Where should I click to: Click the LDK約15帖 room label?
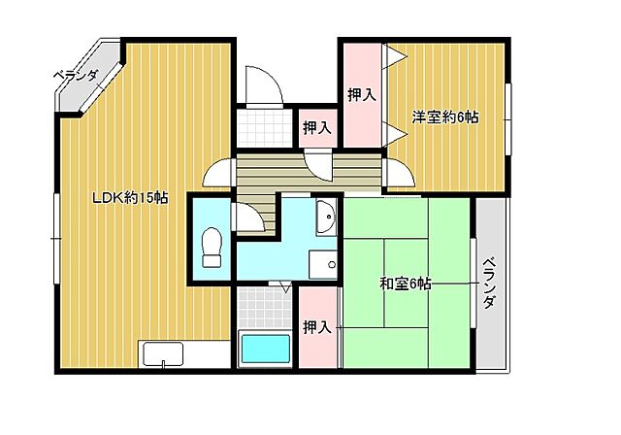(130, 197)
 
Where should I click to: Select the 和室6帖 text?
(405, 284)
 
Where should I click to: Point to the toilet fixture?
(211, 247)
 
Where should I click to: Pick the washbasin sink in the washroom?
(326, 217)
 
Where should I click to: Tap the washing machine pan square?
(323, 264)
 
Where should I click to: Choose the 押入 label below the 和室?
(317, 327)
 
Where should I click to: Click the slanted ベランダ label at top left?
(76, 75)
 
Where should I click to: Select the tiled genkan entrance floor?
(262, 125)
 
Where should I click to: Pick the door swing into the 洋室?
(398, 172)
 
